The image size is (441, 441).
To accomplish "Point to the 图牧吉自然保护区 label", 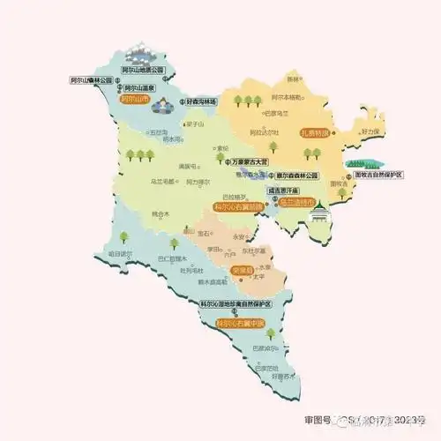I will pyautogui.click(x=372, y=175).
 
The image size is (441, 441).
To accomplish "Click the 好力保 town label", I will pyautogui.click(x=369, y=131).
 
